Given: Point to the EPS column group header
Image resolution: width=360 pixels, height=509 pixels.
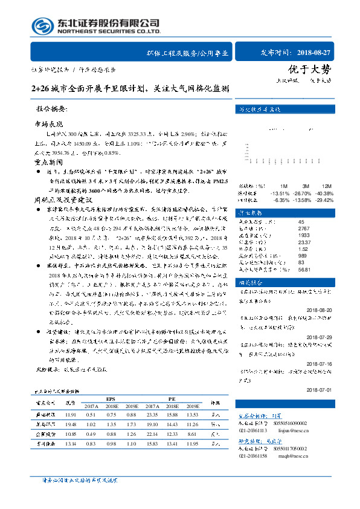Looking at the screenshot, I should (x=111, y=399).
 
